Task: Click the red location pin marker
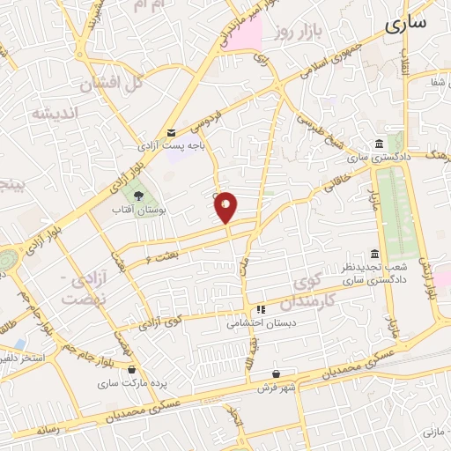point(226,207)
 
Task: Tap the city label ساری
point(406,22)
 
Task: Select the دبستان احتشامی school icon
point(261,310)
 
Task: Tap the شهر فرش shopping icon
point(277,373)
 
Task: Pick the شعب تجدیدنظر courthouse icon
point(375,255)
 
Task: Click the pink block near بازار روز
point(248,34)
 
